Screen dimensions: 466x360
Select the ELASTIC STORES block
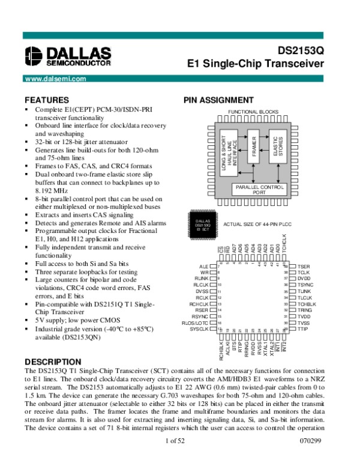tap(278, 145)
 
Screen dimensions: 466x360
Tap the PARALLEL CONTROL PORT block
tap(259, 190)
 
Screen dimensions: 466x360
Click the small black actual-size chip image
tap(202, 225)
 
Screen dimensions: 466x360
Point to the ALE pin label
tap(204, 265)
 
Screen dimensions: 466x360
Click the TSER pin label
tap(304, 265)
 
